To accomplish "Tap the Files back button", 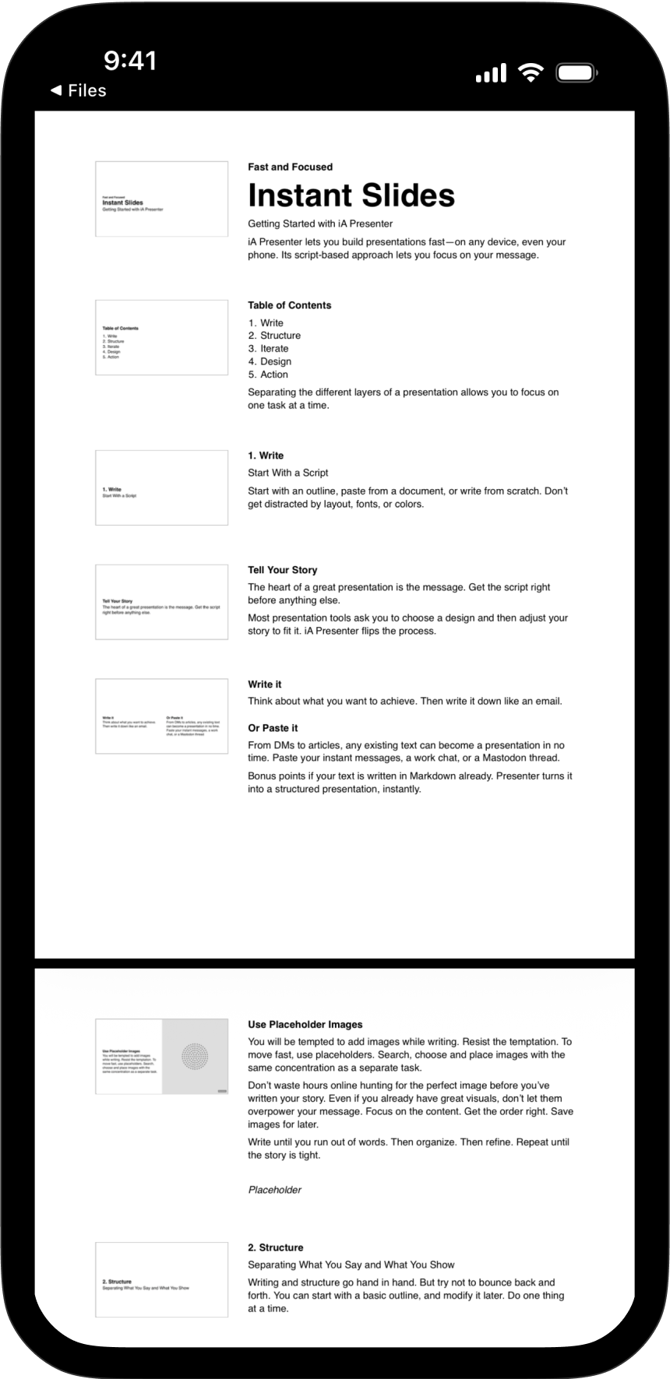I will coord(78,90).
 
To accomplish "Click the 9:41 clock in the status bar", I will coord(130,61).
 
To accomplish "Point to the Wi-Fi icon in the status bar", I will coord(531,73).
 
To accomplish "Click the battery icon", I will coord(577,74).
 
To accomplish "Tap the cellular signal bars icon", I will coord(491,74).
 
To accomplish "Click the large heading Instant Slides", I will coord(351,195).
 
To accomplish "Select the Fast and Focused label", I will coord(290,167).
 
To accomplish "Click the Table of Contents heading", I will coord(289,305).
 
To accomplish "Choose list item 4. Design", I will coord(270,361).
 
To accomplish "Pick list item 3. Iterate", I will coord(268,349).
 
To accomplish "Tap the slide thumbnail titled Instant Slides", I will coord(161,199).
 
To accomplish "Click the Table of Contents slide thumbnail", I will coord(161,338).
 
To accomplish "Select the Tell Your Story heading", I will coord(282,570).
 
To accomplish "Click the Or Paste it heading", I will coord(273,728).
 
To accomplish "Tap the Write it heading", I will coord(265,684).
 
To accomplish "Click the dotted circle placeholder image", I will coord(195,1056).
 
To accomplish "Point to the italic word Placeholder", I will coord(274,1190).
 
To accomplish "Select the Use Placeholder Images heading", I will coord(305,1025).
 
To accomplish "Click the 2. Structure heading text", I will coord(275,1247).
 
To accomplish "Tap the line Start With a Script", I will coord(287,473).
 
